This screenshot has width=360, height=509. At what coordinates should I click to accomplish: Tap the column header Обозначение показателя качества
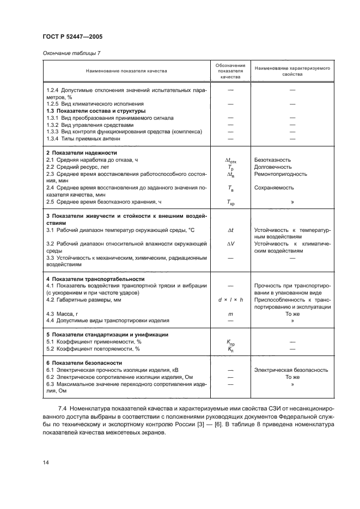tap(230, 71)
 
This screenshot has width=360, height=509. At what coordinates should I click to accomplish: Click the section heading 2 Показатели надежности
tap(81, 153)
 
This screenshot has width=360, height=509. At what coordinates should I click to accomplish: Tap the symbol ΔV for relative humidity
tap(230, 244)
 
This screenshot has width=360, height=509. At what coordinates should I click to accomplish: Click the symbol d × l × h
tap(230, 300)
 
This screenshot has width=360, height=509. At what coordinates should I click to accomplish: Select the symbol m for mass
tap(230, 314)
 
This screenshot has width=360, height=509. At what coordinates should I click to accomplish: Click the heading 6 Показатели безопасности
tap(84, 363)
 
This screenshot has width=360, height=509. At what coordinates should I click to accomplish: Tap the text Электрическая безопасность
tap(291, 370)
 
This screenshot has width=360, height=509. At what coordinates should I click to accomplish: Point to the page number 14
tap(46, 463)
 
